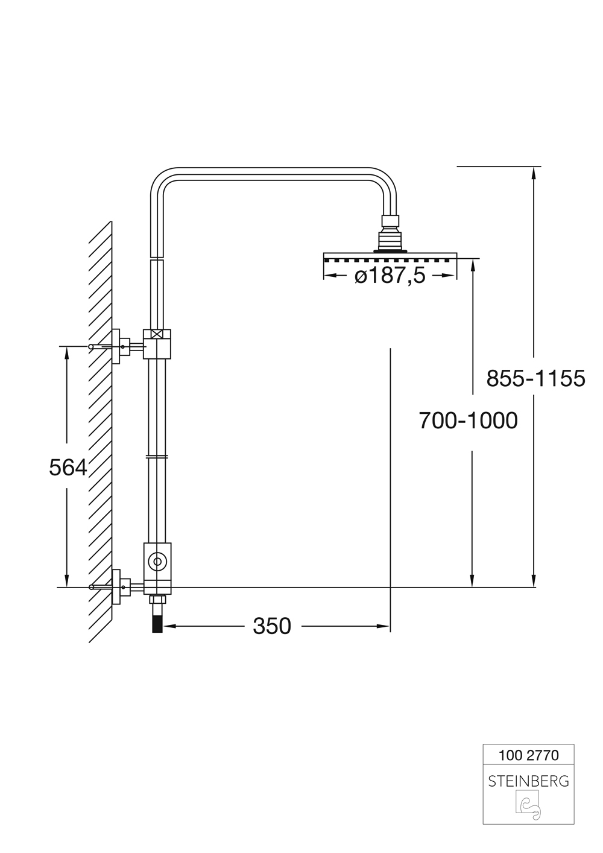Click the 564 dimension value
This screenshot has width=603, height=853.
click(x=68, y=468)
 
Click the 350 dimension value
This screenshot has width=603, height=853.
click(x=272, y=626)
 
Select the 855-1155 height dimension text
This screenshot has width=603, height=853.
click(x=535, y=379)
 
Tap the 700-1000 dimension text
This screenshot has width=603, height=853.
click(x=468, y=420)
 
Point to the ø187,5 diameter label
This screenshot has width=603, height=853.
click(x=390, y=276)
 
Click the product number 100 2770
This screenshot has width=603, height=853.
click(x=528, y=755)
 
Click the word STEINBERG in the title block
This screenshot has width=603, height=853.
click(x=528, y=781)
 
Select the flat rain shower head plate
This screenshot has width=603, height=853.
click(x=390, y=256)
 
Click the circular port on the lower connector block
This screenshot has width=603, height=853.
click(x=157, y=562)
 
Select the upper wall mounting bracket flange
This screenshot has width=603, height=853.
click(x=116, y=346)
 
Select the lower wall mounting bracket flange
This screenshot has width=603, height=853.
click(x=116, y=586)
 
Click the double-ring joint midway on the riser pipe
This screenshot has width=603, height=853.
click(x=157, y=457)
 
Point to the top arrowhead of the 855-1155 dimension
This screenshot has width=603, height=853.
click(x=533, y=172)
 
